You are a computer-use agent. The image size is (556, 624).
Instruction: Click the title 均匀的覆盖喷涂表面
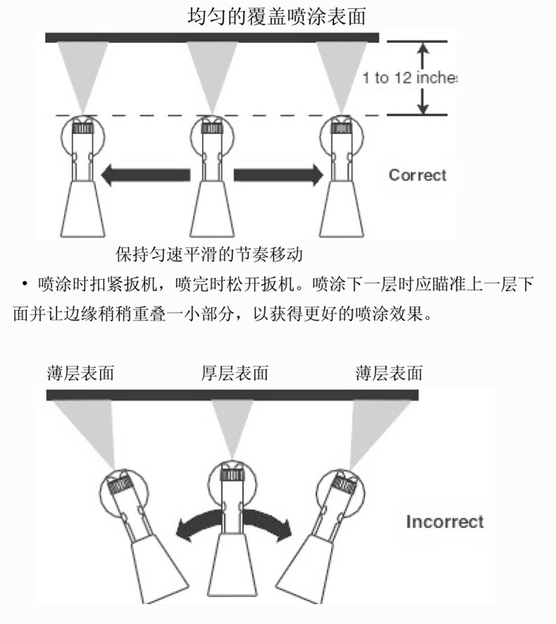coord(277,15)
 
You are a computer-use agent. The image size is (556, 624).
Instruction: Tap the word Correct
coord(417,175)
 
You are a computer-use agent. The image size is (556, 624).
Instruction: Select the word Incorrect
coord(445,522)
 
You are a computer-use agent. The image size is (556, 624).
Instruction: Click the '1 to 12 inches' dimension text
coord(410,77)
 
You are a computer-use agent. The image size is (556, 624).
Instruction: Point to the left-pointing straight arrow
coord(145,175)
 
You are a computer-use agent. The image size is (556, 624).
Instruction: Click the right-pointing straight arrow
coord(277,175)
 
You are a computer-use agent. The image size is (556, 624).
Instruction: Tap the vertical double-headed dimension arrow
coord(422,77)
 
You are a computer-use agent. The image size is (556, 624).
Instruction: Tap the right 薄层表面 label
coord(389,373)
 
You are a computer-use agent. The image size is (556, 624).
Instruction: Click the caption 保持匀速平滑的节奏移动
coord(213,253)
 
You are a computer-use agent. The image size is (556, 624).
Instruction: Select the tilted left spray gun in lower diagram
coord(133,528)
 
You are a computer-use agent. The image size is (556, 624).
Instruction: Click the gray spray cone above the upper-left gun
coord(83,74)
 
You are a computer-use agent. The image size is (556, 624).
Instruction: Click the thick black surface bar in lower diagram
coord(232,395)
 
